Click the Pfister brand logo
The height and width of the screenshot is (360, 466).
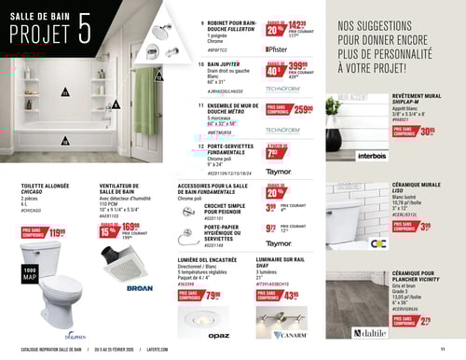pos(277,46)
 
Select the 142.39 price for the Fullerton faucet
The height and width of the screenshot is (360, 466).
pos(296,26)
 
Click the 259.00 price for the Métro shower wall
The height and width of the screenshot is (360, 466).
pos(301,109)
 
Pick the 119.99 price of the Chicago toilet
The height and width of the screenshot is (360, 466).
pos(56,232)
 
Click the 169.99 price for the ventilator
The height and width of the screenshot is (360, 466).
pos(130,227)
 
